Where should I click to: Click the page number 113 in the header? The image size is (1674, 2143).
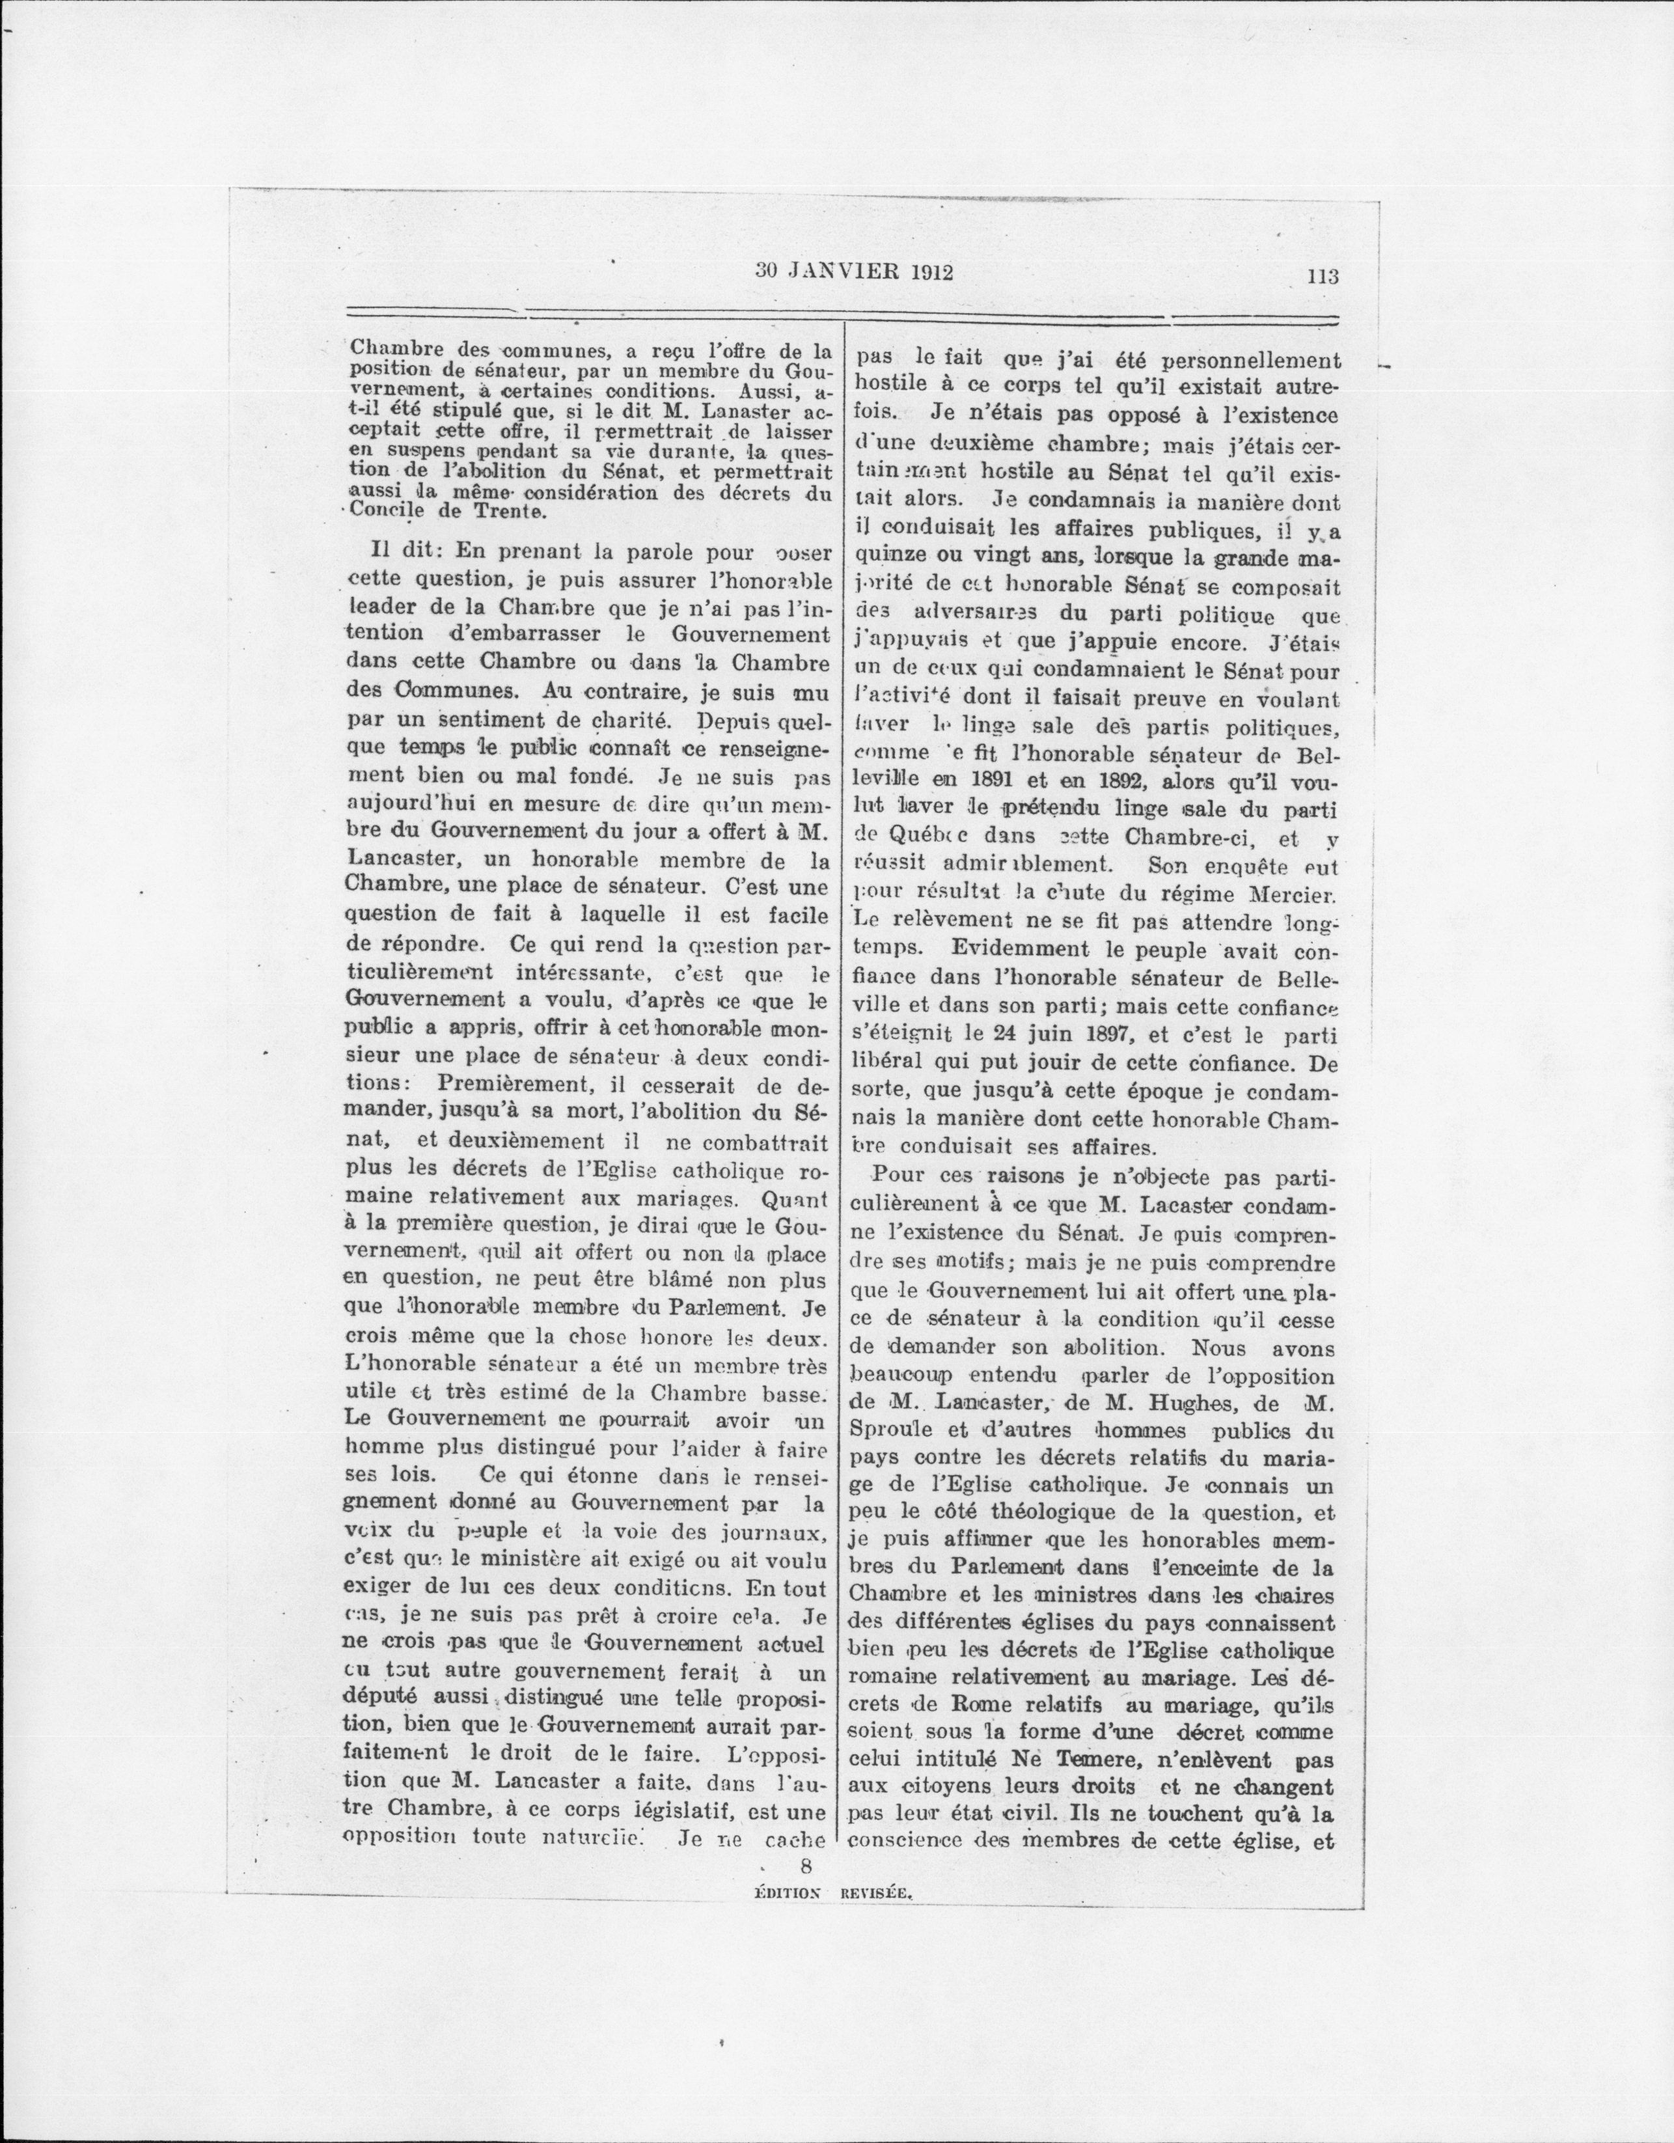tap(1323, 277)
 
